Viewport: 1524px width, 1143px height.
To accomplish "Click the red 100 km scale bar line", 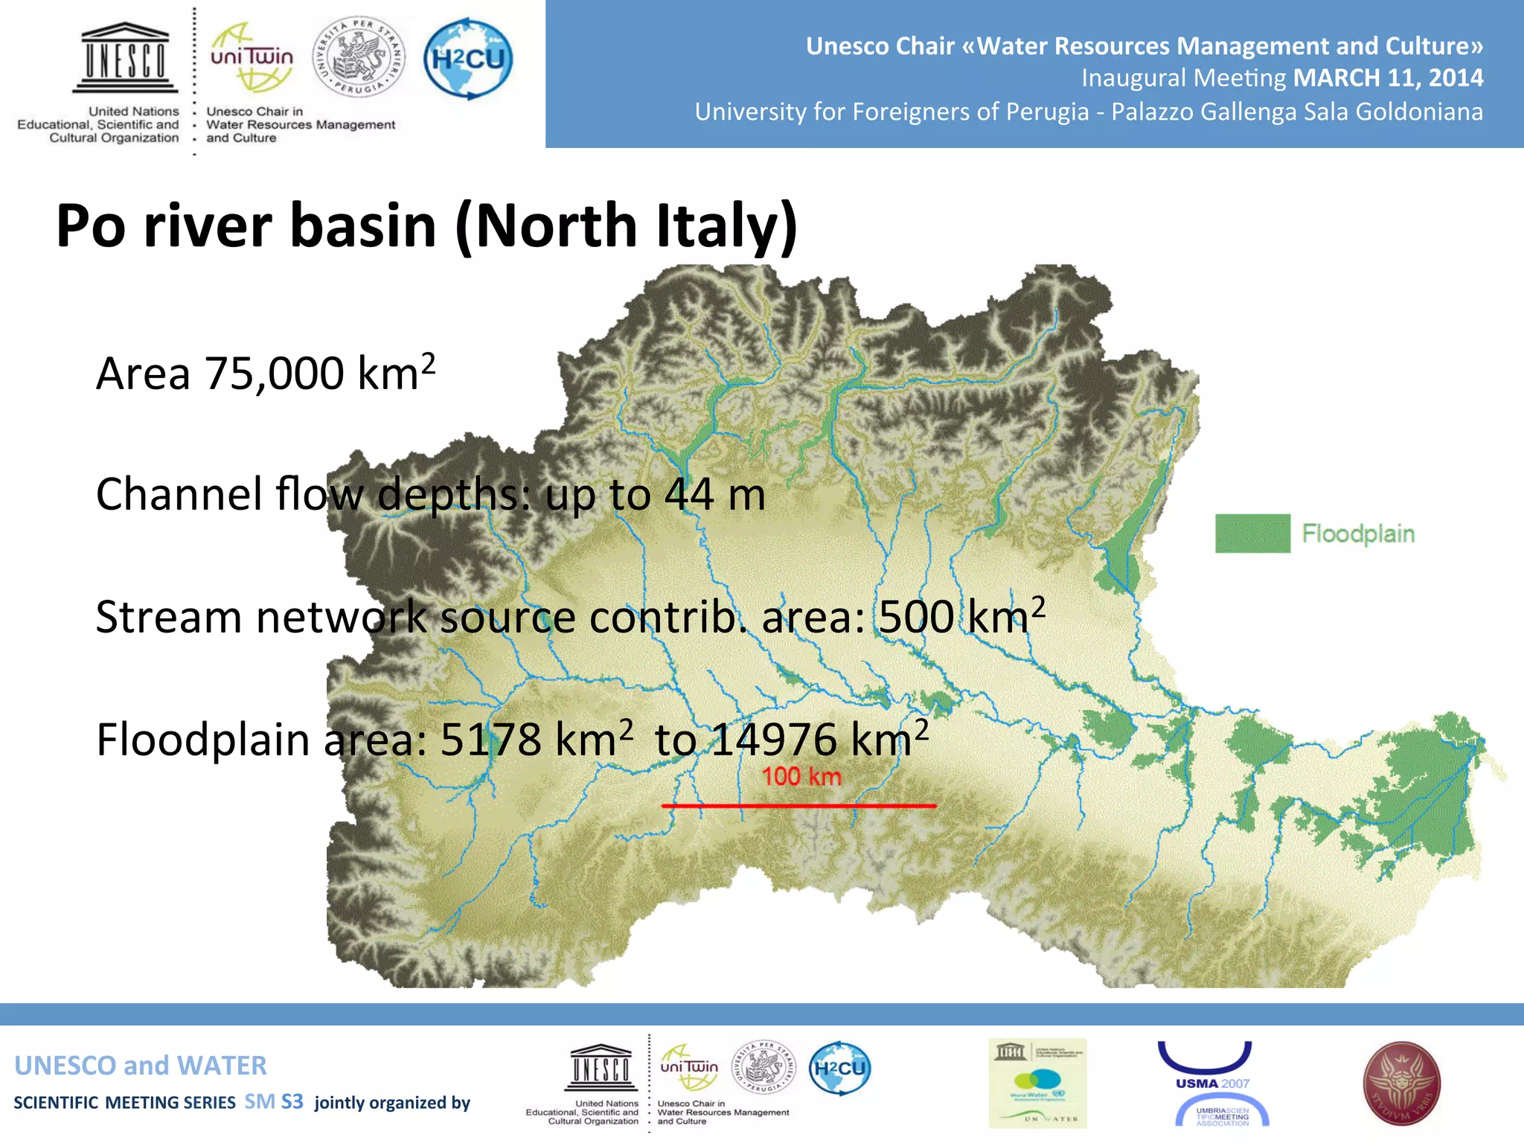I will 798,806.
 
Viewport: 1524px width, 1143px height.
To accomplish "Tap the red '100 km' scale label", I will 801,777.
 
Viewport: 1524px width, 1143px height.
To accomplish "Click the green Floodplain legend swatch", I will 1252,534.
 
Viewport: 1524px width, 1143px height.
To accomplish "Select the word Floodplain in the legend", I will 1358,534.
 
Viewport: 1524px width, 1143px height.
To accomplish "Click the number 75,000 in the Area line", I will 275,374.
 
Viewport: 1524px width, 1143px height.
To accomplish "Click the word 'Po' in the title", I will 91,226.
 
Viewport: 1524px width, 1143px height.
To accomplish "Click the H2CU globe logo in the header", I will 468,59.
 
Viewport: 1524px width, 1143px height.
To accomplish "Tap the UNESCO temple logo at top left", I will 125,58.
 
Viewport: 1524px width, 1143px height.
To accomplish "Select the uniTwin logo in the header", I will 252,58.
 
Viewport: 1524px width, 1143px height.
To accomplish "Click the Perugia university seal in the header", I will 359,58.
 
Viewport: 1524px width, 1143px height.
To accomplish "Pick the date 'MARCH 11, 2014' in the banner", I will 1388,78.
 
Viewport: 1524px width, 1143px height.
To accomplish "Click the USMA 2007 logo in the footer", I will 1213,1083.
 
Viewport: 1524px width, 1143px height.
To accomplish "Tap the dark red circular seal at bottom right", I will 1401,1083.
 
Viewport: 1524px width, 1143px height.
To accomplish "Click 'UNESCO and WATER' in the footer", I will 141,1066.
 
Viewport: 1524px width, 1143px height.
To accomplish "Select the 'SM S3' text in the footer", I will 274,1102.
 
